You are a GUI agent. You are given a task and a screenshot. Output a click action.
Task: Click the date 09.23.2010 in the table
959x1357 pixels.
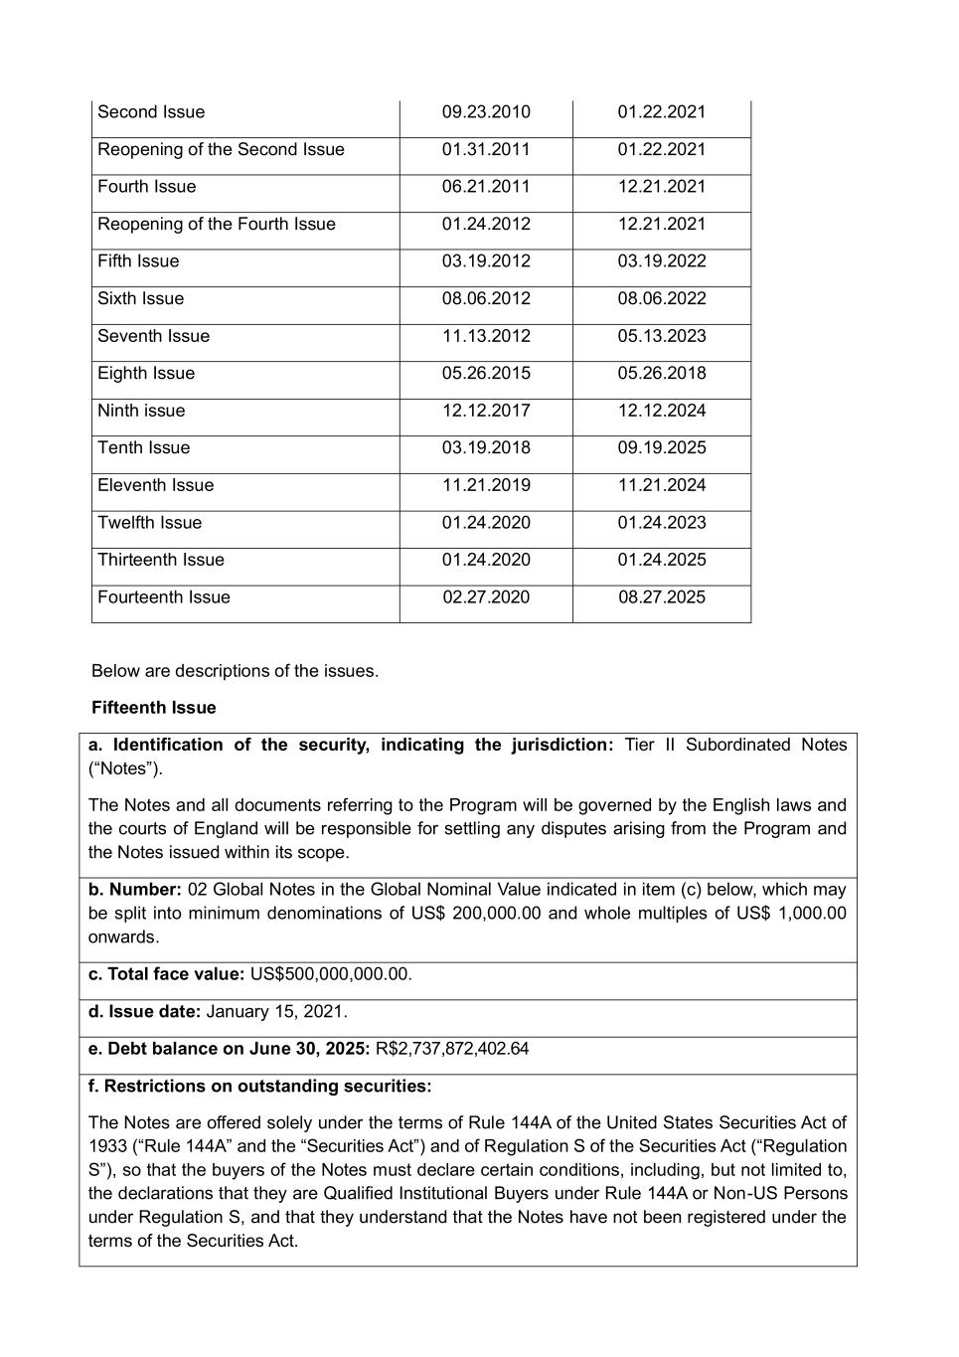click(486, 112)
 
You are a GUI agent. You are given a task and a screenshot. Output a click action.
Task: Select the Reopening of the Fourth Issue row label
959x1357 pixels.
click(217, 225)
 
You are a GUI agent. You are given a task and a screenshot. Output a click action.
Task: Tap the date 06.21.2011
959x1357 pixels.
click(486, 187)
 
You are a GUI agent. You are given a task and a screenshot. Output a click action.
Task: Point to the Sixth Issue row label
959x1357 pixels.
click(140, 299)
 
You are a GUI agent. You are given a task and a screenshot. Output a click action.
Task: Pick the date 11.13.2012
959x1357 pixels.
click(486, 336)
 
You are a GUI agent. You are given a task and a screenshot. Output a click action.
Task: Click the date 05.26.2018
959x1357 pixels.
click(662, 374)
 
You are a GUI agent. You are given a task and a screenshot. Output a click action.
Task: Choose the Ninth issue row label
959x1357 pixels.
click(141, 411)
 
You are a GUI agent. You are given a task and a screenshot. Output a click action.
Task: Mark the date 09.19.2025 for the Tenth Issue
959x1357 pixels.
click(662, 448)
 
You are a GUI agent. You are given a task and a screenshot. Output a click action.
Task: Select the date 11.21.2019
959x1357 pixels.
click(486, 485)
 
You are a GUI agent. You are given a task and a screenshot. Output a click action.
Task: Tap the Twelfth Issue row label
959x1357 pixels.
click(149, 523)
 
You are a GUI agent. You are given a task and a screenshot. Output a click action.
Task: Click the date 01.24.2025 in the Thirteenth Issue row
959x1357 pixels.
click(662, 560)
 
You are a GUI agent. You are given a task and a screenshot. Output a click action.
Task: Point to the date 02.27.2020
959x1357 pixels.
click(486, 597)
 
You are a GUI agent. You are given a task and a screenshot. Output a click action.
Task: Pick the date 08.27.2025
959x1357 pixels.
click(662, 597)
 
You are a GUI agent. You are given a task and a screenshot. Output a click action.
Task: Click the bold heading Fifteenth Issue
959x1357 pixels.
click(154, 708)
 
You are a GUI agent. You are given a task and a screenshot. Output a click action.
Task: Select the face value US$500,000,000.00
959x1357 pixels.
click(330, 974)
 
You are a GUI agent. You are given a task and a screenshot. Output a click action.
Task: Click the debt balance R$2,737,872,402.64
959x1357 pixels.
click(452, 1049)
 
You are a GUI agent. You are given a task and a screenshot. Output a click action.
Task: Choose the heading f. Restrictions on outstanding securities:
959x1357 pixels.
click(260, 1087)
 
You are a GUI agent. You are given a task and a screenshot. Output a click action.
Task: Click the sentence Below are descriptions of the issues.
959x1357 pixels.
click(235, 671)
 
